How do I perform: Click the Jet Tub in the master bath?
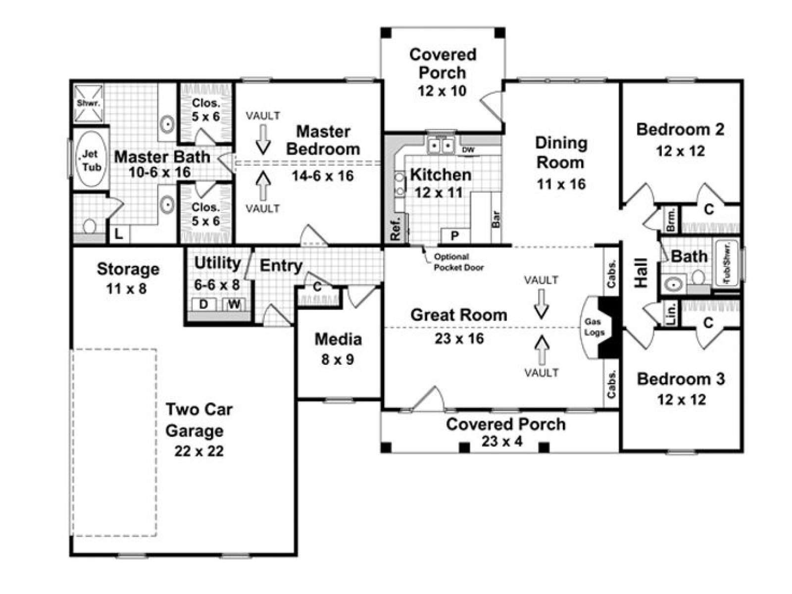(x=92, y=159)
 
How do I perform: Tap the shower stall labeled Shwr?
(x=89, y=103)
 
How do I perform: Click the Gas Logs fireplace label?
(x=594, y=327)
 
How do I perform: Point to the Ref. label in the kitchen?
(x=396, y=228)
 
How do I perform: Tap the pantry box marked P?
(x=455, y=236)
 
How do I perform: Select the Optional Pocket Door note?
(x=458, y=262)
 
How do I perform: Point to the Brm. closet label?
(x=671, y=220)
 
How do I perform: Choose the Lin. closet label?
(x=671, y=313)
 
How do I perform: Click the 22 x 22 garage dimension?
(x=199, y=451)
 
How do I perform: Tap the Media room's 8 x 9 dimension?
(x=338, y=359)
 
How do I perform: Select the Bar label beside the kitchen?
(x=496, y=219)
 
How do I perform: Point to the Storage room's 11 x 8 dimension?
(x=127, y=289)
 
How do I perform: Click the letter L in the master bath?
(x=119, y=235)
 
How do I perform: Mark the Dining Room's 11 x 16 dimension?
(x=561, y=184)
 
